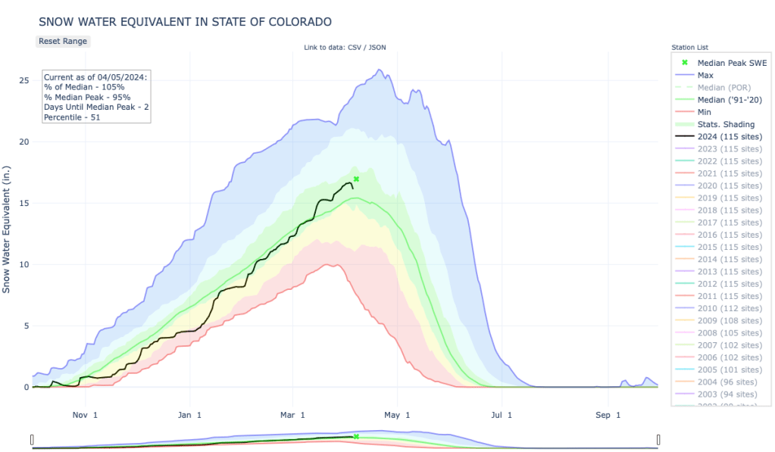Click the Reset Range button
tap(63, 41)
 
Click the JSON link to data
tap(377, 48)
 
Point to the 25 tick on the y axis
tap(24, 80)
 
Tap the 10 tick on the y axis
tap(24, 264)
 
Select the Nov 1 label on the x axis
tap(86, 415)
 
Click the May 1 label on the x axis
tap(397, 415)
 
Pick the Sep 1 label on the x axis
tap(608, 415)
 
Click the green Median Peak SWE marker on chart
tap(356, 179)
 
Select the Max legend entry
tap(705, 75)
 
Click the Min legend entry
tap(705, 112)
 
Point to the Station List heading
tap(689, 48)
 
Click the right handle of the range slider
tap(658, 440)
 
